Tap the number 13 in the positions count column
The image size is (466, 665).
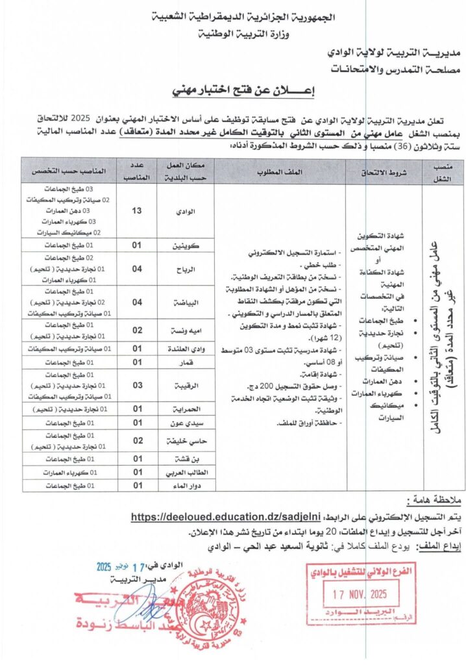[x=137, y=211]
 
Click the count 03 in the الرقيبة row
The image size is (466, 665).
[x=137, y=386]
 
